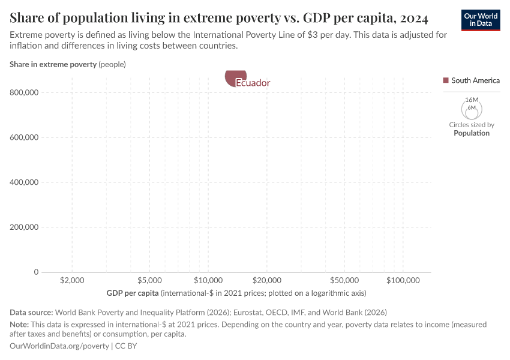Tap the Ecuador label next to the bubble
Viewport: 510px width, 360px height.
coord(253,83)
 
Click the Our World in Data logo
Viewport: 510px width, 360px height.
coord(481,20)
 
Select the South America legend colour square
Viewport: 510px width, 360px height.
coord(445,80)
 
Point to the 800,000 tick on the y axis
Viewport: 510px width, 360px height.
coord(25,92)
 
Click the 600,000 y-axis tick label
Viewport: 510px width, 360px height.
coord(25,137)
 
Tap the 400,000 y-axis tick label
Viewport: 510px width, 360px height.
coord(25,182)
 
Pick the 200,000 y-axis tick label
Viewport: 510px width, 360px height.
coord(25,227)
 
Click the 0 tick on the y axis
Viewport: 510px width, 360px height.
coord(36,272)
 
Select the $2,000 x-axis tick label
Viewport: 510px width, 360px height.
coord(72,281)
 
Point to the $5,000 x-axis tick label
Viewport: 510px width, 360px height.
coord(149,281)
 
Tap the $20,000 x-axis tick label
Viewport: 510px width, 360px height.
coord(267,281)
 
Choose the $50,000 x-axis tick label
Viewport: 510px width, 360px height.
coord(344,281)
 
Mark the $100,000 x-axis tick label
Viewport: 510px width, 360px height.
coord(403,281)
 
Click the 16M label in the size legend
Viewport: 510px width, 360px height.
coord(472,100)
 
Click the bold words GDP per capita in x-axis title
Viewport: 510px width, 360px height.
coord(133,293)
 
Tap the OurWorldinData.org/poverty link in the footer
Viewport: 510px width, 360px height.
coord(59,346)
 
